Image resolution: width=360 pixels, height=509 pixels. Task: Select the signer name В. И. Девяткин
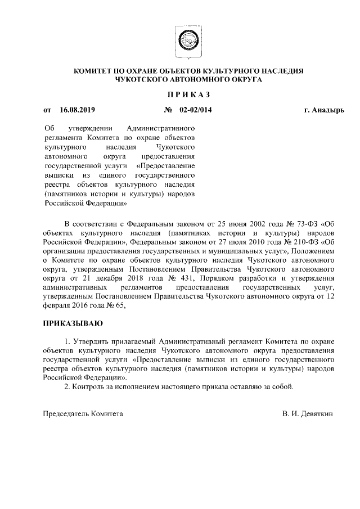308,413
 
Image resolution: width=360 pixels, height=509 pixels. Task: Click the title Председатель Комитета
83,413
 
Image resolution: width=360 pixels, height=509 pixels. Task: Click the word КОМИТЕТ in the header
97,71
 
